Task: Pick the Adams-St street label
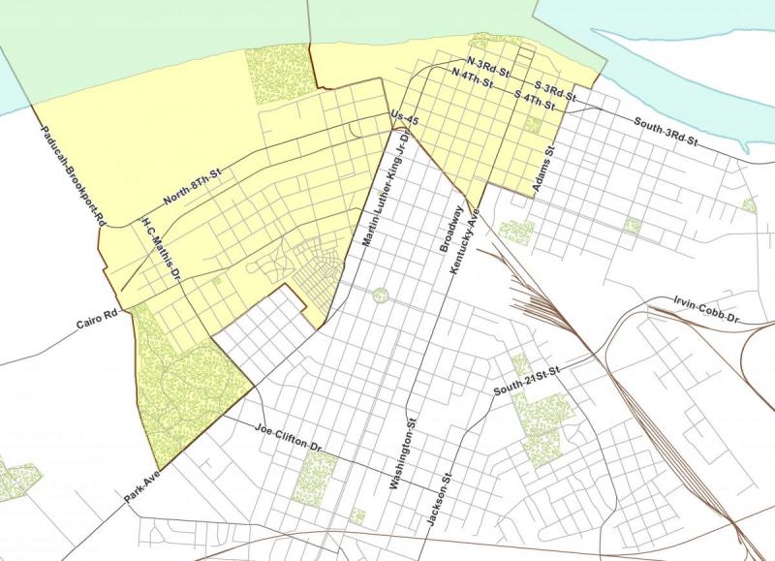(542, 169)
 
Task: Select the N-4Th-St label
(472, 78)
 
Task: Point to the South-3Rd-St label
(666, 131)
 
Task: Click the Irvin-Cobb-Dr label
(706, 311)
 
